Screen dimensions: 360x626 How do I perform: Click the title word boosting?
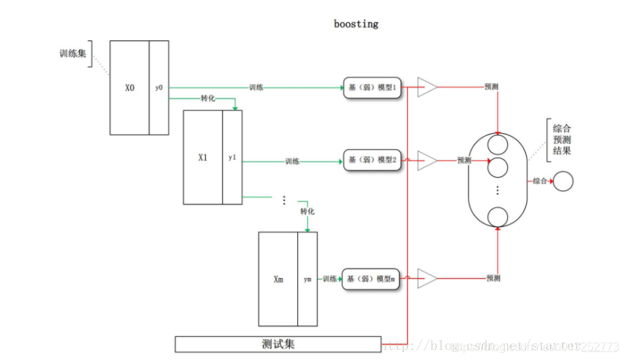coord(355,24)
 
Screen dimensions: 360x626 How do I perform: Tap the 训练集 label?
coord(73,54)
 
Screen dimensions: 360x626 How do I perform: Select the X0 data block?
coord(130,88)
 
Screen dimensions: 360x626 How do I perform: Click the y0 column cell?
coord(159,88)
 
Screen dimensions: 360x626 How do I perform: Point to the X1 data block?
coord(203,157)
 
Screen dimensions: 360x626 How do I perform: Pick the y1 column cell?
coord(232,157)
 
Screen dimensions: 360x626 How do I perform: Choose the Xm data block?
coord(278,279)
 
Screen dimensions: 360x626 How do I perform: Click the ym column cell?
coord(308,279)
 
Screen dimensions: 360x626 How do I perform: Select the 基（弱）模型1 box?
coord(372,88)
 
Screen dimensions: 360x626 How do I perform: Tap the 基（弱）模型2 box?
coord(372,161)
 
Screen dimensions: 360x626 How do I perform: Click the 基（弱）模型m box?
coord(372,278)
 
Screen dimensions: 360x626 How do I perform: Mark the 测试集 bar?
coord(278,343)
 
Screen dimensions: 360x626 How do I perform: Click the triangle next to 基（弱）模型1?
coord(426,88)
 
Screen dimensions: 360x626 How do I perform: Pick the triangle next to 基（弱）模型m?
coord(426,278)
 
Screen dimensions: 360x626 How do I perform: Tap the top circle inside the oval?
coord(498,145)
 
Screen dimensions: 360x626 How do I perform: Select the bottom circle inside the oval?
coord(498,216)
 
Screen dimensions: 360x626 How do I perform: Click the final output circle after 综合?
coord(563,181)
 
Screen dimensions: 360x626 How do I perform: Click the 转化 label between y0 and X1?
coord(209,99)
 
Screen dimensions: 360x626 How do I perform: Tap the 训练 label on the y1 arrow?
coord(292,161)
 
